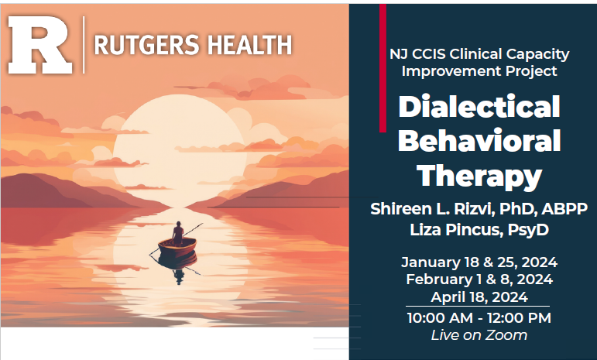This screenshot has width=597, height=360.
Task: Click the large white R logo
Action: tap(40, 44)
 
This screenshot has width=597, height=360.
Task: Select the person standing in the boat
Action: tap(178, 233)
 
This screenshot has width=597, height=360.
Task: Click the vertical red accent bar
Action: tap(383, 67)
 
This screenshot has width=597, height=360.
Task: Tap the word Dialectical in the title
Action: tap(479, 107)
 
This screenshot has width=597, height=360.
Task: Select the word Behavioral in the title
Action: tap(479, 142)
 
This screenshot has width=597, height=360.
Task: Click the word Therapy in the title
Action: tap(479, 177)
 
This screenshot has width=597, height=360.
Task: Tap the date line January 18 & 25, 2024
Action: tap(479, 262)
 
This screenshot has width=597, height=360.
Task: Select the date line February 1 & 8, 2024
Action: tap(479, 279)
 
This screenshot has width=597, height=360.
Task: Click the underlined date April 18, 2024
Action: tap(479, 297)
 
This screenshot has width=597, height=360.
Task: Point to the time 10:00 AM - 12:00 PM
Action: tap(479, 317)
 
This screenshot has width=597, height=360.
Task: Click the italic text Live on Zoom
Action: tap(479, 335)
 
